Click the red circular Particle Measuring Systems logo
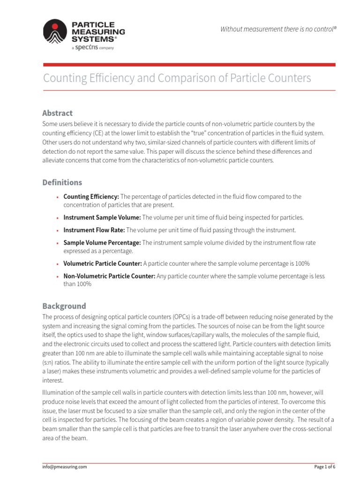click(x=55, y=31)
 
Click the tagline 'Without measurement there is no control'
click(x=278, y=30)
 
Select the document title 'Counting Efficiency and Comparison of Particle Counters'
click(x=177, y=78)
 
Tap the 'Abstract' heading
click(x=57, y=113)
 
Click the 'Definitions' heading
click(x=62, y=182)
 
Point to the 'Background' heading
click(x=64, y=306)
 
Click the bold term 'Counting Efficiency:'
click(x=91, y=197)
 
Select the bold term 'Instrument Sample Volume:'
click(x=102, y=217)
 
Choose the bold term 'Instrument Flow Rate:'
click(x=94, y=230)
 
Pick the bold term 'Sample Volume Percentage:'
click(x=102, y=243)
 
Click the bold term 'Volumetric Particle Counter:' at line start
click(x=102, y=263)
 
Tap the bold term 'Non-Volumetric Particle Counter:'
click(x=109, y=276)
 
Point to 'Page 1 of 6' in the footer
click(x=324, y=467)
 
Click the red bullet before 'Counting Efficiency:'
click(x=57, y=197)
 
